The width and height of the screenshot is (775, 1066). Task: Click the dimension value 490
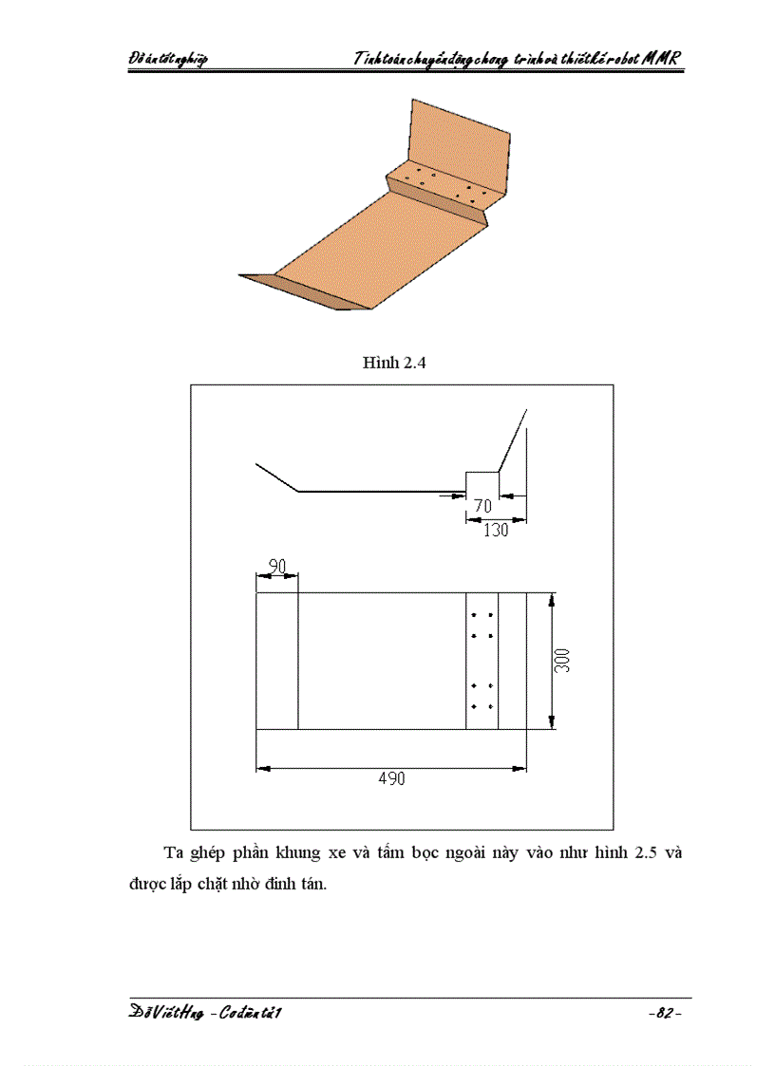[x=391, y=778]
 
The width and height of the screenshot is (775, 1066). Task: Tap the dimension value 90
[x=277, y=567]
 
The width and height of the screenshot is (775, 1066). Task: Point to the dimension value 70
[x=482, y=507]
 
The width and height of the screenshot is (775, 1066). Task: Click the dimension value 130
[x=496, y=531]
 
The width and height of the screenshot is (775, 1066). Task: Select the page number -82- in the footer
[x=666, y=1014]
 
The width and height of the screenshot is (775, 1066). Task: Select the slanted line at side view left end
[x=277, y=477]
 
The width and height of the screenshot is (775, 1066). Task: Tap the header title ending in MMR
[x=518, y=59]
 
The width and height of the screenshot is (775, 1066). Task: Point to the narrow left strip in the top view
[x=277, y=661]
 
